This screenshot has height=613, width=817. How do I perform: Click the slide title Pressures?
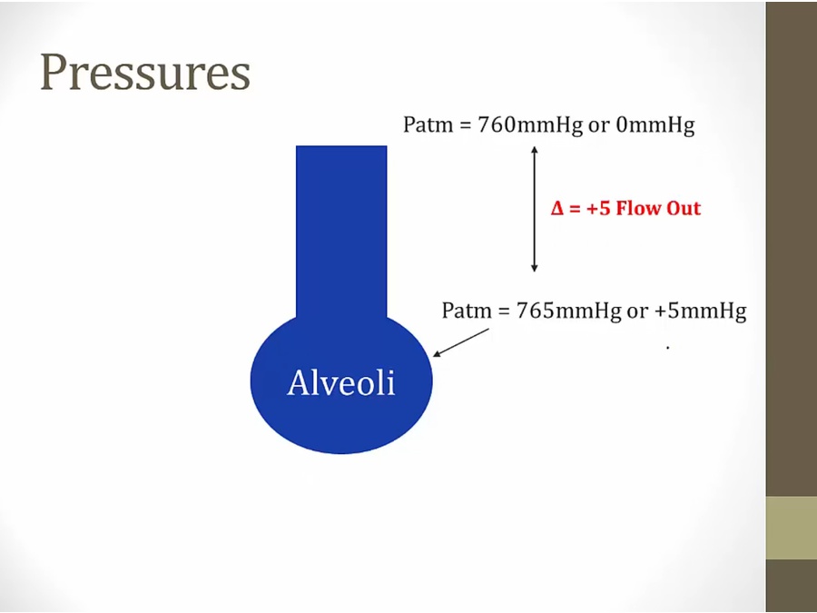tap(145, 74)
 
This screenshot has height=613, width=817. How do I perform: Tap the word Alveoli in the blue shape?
tap(341, 382)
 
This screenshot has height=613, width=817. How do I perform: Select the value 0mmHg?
tap(655, 126)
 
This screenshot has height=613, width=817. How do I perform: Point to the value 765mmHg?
tap(568, 311)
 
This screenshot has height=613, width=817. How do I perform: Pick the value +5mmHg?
tap(700, 311)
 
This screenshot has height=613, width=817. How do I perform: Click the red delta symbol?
tap(557, 209)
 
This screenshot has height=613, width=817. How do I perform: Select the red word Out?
tap(684, 208)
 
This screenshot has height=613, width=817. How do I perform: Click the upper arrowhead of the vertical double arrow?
tap(534, 149)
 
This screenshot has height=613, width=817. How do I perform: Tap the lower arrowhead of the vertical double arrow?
tap(534, 269)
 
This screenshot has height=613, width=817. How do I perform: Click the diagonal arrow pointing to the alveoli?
tap(461, 342)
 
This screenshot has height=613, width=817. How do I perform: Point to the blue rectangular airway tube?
tap(341, 232)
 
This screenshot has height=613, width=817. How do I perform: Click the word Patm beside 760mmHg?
tap(428, 125)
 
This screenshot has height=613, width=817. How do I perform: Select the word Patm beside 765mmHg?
tap(467, 311)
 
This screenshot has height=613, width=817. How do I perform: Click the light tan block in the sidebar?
tap(791, 528)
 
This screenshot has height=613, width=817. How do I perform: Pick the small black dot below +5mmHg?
tap(667, 347)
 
